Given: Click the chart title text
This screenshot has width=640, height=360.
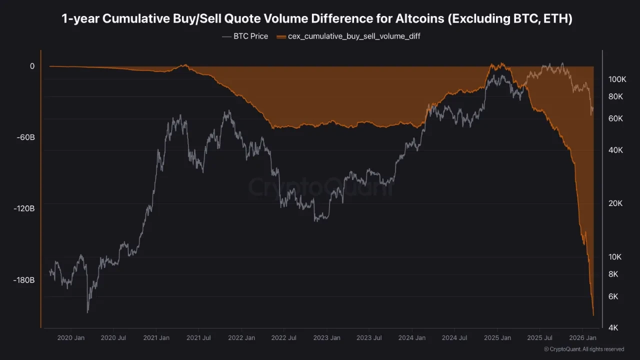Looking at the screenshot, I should pos(317,19).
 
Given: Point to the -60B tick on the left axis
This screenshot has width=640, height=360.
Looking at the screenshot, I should pos(24,137).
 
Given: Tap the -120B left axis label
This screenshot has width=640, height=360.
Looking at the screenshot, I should pos(24,209).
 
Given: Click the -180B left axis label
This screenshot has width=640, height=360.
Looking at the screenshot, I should pos(24,280).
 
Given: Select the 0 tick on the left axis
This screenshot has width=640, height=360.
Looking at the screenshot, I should pos(32,66).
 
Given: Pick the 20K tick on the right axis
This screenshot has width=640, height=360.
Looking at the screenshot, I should pos(615,203).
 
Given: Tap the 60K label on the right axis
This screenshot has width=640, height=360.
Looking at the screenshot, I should pos(615,118).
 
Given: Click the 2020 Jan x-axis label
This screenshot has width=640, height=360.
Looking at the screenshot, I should pos(71,338).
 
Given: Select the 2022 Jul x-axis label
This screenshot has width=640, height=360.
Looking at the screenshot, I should pos(283,338).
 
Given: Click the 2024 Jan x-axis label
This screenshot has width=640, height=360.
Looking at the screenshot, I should pos(412,338).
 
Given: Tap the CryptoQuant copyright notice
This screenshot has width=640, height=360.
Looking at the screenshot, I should pos(583,349).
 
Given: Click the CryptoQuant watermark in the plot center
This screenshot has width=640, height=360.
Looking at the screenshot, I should pos(321,187).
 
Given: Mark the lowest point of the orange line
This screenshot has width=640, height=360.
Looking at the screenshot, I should pos(593,315).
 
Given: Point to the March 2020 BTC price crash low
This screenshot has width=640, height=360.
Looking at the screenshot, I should pos(88,312).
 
